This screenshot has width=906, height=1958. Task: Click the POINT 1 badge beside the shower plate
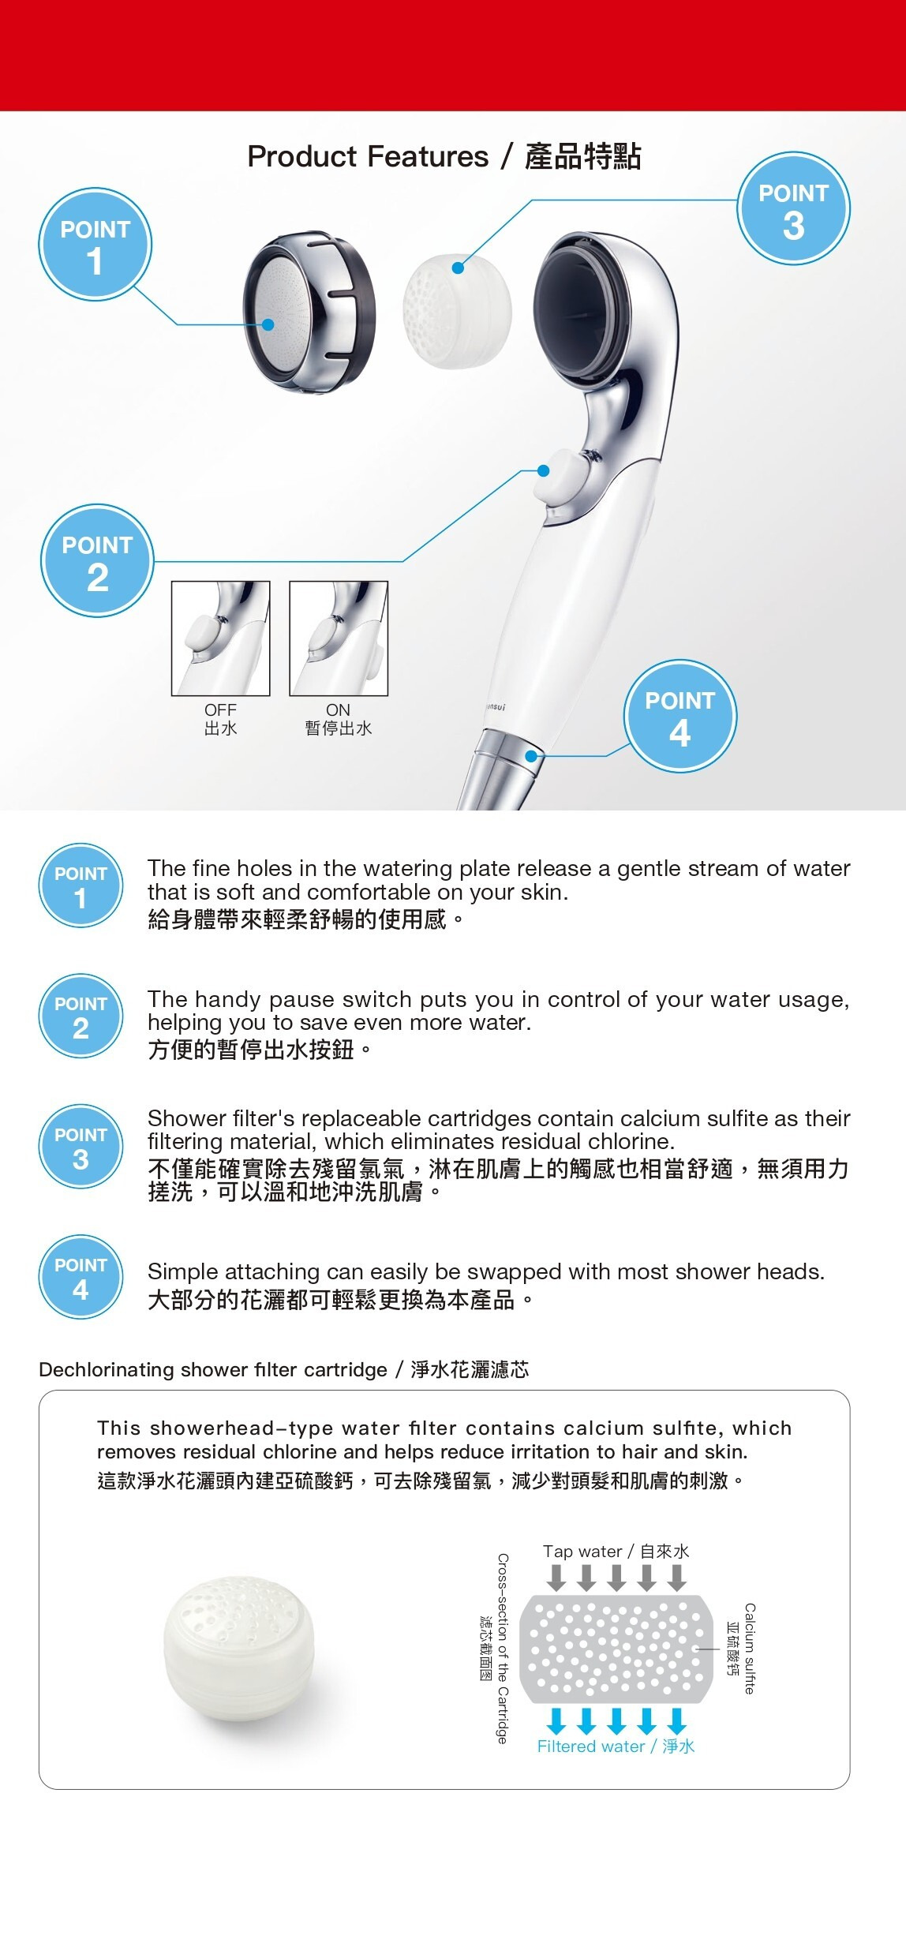[95, 245]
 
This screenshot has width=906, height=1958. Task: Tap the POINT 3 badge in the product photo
[793, 208]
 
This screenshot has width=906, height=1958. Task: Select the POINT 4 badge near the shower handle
[679, 716]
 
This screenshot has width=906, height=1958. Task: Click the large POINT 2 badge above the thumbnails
[97, 560]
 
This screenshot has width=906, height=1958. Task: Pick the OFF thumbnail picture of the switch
[221, 638]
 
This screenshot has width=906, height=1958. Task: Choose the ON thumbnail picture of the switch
[339, 638]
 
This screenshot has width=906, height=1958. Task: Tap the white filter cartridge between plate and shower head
[457, 312]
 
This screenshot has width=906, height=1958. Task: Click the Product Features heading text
[444, 156]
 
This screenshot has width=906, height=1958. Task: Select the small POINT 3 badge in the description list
[80, 1147]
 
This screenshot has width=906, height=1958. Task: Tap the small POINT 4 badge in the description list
[80, 1277]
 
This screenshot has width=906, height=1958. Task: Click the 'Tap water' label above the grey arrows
[616, 1552]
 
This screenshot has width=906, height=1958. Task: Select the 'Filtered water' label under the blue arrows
[616, 1746]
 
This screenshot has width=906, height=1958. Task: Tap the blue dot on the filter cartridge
[458, 268]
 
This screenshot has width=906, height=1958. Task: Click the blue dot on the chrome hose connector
[531, 756]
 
